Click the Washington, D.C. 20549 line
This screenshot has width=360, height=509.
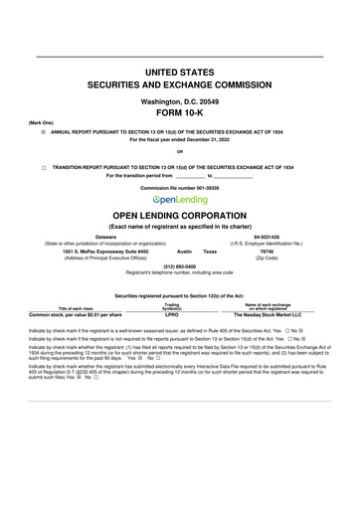click(180, 101)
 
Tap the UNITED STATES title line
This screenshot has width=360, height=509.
click(180, 74)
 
